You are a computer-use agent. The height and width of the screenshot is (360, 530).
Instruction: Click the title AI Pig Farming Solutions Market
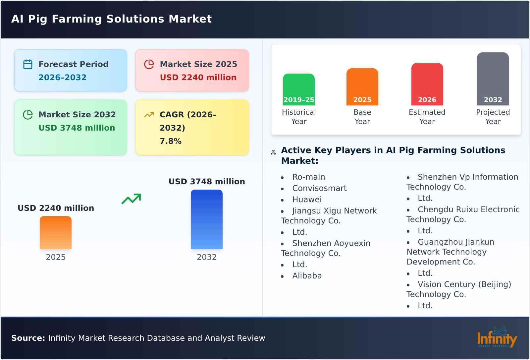tap(111, 19)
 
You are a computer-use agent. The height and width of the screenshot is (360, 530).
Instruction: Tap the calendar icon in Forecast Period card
tap(28, 64)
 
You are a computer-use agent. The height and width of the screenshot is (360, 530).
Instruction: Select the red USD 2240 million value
tap(198, 78)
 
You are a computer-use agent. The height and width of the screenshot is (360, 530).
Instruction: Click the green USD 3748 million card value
tap(77, 128)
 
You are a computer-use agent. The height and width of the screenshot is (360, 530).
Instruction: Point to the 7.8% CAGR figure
tap(170, 141)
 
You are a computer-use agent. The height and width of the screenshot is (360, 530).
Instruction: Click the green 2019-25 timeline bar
tap(298, 90)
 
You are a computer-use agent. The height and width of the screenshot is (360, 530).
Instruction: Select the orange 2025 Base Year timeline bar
tap(362, 87)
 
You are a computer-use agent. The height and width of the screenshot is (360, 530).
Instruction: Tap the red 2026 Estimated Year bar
tap(427, 84)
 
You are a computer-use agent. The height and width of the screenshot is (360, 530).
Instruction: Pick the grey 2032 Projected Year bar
tap(493, 79)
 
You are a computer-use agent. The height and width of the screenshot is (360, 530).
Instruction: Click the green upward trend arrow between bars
tap(131, 199)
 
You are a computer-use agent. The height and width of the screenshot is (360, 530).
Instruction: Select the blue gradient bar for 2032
tap(206, 219)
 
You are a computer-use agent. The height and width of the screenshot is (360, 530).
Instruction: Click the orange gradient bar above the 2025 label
tap(56, 233)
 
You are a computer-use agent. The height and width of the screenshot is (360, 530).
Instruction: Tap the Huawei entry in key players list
tap(307, 200)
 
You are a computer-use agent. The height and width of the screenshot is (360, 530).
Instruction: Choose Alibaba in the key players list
tap(307, 276)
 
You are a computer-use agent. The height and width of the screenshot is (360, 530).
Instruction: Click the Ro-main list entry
tap(308, 177)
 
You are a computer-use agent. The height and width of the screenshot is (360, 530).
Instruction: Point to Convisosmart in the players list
tap(319, 188)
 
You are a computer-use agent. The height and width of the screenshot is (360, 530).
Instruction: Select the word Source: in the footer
tap(28, 338)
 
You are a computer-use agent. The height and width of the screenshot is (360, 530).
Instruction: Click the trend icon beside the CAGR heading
tap(149, 115)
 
